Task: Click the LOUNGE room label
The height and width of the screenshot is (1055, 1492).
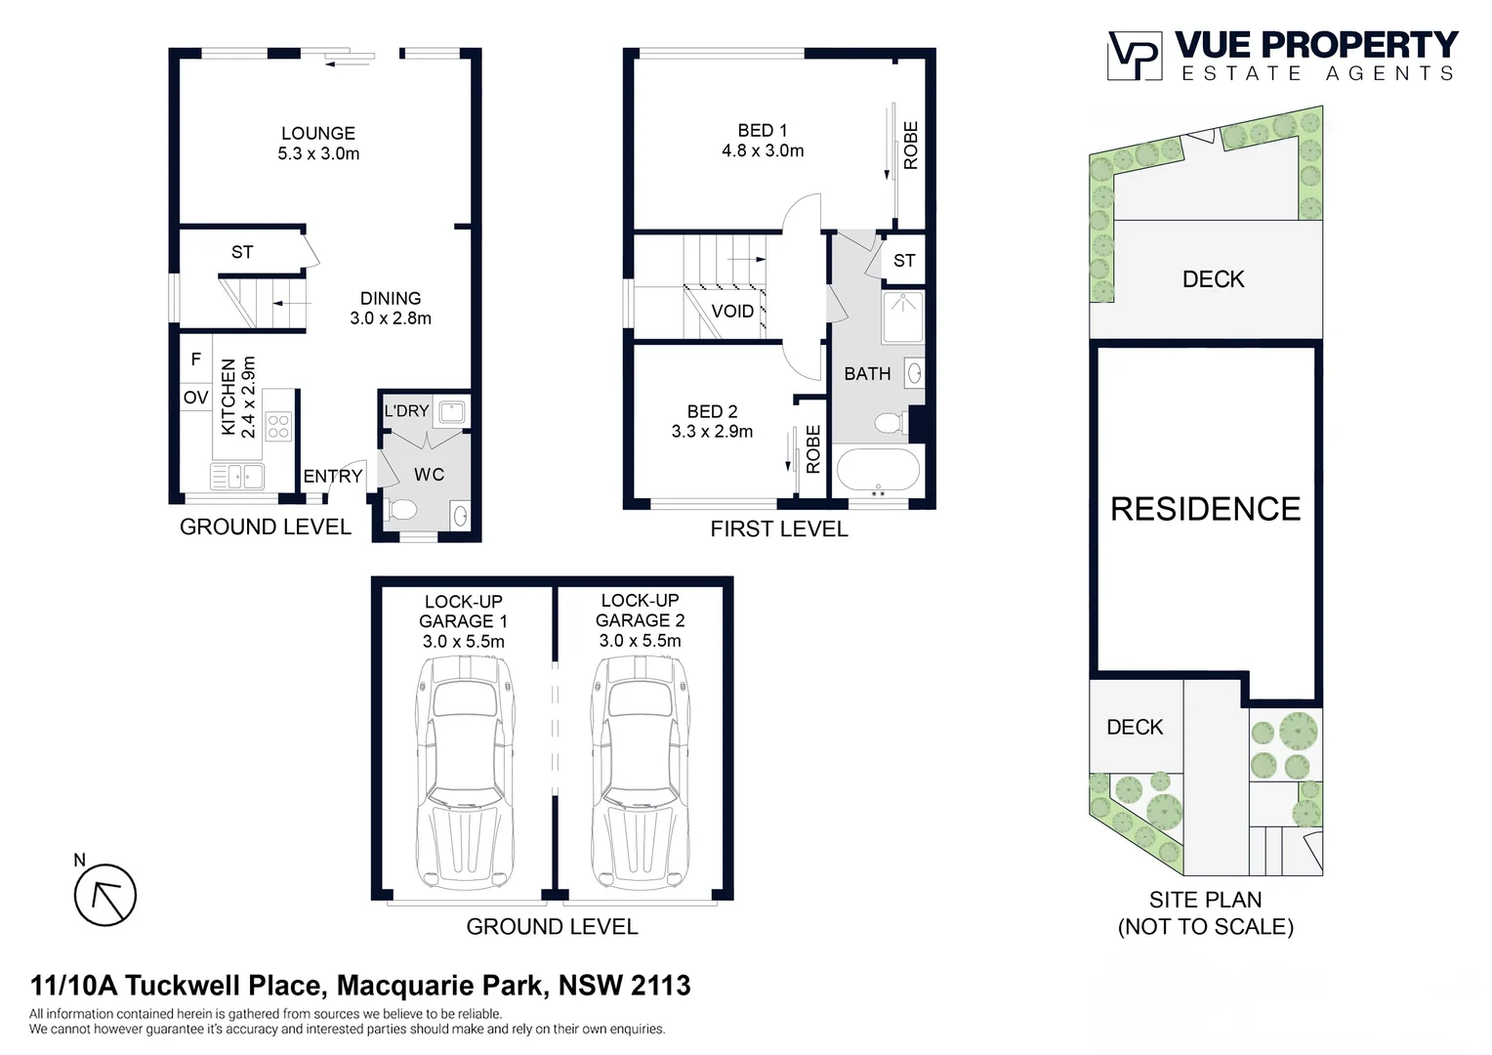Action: tap(318, 134)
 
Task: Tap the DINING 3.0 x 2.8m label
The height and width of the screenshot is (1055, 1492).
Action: tap(391, 308)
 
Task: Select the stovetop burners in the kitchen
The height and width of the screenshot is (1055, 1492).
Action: tap(278, 425)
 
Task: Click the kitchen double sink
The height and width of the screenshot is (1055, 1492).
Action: tap(237, 477)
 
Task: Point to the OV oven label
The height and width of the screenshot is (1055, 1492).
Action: tap(195, 398)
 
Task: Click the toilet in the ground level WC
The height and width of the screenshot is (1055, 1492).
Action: tap(401, 510)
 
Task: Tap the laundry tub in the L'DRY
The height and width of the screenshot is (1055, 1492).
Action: tap(451, 411)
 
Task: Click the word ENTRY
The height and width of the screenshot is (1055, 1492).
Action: tap(333, 477)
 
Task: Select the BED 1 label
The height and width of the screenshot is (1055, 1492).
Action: tap(762, 131)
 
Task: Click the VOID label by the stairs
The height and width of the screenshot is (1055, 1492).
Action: tap(732, 312)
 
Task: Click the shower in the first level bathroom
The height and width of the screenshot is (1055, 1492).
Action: tap(902, 316)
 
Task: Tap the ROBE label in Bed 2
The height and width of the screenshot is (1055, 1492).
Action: tap(813, 449)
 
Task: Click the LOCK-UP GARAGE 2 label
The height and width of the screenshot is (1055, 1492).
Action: tap(640, 611)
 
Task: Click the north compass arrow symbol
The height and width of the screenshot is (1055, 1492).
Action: tap(105, 895)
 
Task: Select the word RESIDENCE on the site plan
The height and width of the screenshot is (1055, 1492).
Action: tap(1205, 509)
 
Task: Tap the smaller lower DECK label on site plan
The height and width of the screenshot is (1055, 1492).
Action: tap(1135, 728)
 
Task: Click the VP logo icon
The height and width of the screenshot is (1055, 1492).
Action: tap(1134, 56)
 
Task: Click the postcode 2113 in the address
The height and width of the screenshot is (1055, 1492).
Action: tap(661, 986)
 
